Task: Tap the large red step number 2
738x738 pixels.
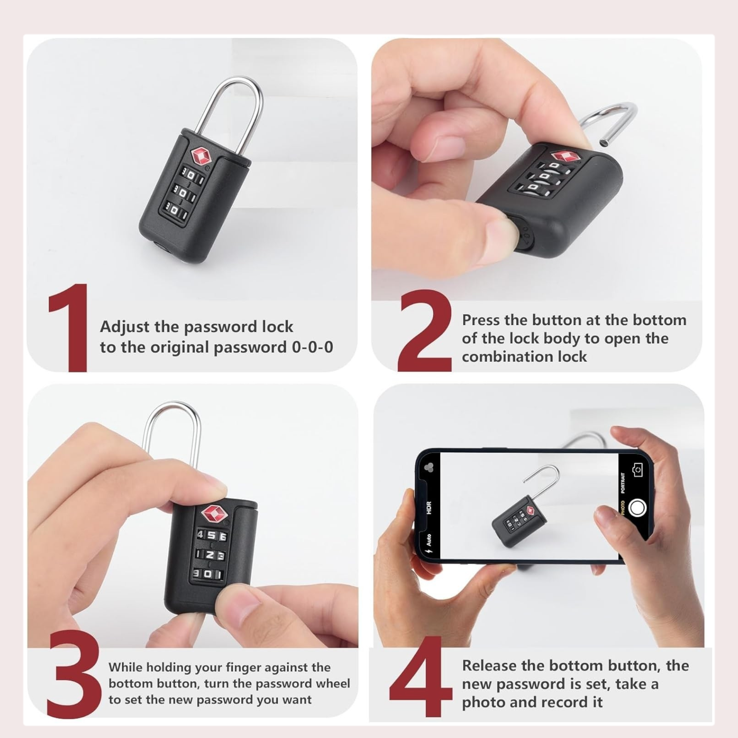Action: [x=424, y=330]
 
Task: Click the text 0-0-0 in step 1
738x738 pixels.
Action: [x=312, y=347]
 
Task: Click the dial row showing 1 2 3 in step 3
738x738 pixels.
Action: [x=210, y=556]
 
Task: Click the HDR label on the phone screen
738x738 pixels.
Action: [x=429, y=508]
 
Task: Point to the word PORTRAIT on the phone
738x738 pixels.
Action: [x=623, y=483]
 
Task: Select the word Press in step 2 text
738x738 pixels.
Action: [x=481, y=320]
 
